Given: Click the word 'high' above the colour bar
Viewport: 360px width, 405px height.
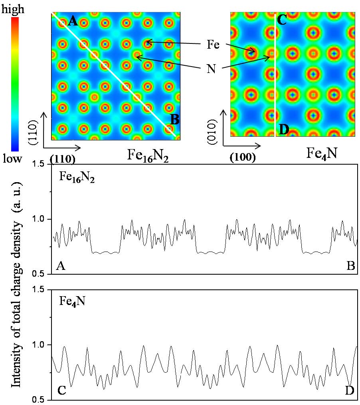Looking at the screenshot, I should point(14,9).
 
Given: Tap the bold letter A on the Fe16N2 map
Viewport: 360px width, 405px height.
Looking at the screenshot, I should point(73,20).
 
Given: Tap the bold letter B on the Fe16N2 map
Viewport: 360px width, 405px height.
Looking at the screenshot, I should point(175,118).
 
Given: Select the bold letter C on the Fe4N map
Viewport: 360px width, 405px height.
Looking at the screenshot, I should point(282,20).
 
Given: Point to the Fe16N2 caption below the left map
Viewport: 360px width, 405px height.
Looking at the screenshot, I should point(147,154).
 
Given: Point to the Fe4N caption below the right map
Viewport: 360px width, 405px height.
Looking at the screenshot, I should point(323,153).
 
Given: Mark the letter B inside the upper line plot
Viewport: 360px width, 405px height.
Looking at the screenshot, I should point(351,266).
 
